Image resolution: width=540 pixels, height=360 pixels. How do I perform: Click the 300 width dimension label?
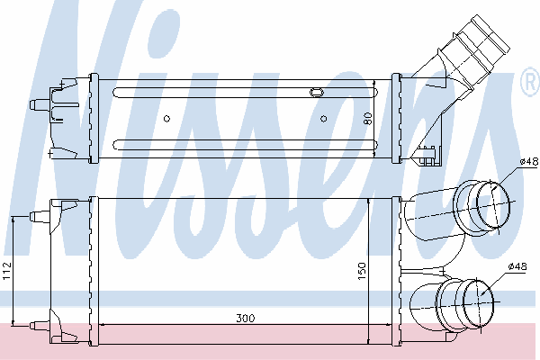[246, 318]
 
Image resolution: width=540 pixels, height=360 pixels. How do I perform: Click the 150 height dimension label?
[362, 271]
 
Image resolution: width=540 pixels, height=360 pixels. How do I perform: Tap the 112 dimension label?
[7, 271]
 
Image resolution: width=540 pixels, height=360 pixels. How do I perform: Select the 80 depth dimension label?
[368, 119]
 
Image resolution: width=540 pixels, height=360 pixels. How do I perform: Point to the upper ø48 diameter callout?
[529, 161]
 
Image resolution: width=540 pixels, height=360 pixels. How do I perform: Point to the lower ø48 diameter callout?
[517, 266]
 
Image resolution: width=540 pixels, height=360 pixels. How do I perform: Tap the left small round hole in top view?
[166, 119]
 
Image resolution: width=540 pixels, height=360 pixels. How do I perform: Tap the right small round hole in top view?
[323, 119]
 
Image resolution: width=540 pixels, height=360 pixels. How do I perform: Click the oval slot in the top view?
[316, 93]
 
